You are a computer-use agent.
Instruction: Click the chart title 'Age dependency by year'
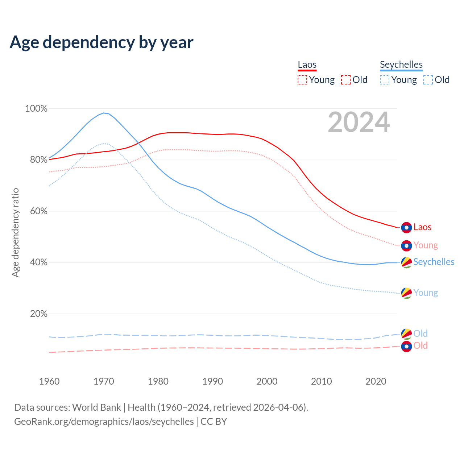[x=101, y=42]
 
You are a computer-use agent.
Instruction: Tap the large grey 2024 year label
[x=359, y=123]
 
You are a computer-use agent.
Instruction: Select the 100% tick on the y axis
[x=36, y=108]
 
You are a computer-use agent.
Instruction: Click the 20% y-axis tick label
[x=38, y=314]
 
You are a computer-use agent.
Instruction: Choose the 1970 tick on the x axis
[x=104, y=381]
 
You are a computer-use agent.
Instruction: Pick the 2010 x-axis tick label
[x=322, y=381]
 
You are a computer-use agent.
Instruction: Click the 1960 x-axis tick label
[x=49, y=381]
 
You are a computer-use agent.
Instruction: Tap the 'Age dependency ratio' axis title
[x=15, y=232]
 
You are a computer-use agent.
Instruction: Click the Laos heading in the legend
[x=307, y=65]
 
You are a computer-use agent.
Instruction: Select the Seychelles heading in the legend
[x=401, y=65]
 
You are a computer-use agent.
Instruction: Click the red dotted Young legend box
[x=302, y=80]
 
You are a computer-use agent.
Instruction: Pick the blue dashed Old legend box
[x=428, y=80]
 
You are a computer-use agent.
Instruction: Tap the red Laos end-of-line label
[x=422, y=227]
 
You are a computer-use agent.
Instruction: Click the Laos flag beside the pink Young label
[x=406, y=246]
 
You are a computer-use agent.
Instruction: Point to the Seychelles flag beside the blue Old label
[x=406, y=334]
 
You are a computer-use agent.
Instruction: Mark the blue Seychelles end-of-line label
[x=434, y=262]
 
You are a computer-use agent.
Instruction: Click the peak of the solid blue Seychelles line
[x=104, y=113]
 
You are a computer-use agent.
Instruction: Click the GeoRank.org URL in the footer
[x=104, y=422]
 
